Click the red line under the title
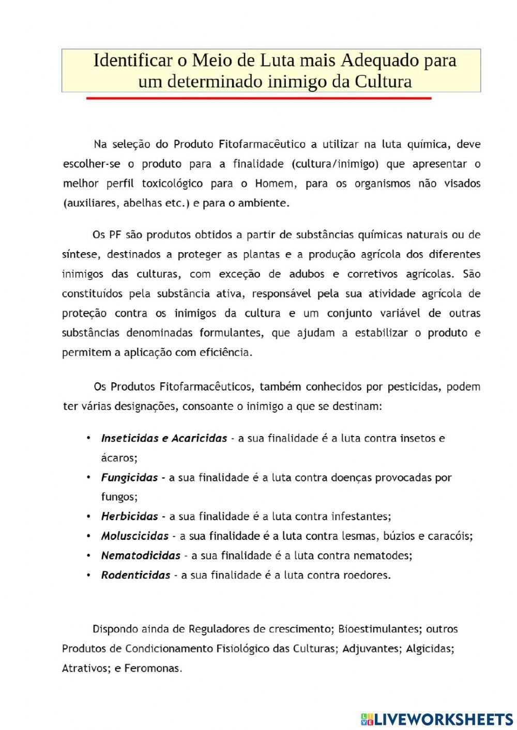coord(258,98)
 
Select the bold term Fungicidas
coord(129,477)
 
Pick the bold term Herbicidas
coord(129,516)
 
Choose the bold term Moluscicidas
coord(135,536)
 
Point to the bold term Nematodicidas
coord(141,555)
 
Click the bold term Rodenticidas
coord(135,575)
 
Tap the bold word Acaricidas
coord(199,438)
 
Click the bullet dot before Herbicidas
coord(89,516)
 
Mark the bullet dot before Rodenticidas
coord(89,575)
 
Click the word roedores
coord(367,575)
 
